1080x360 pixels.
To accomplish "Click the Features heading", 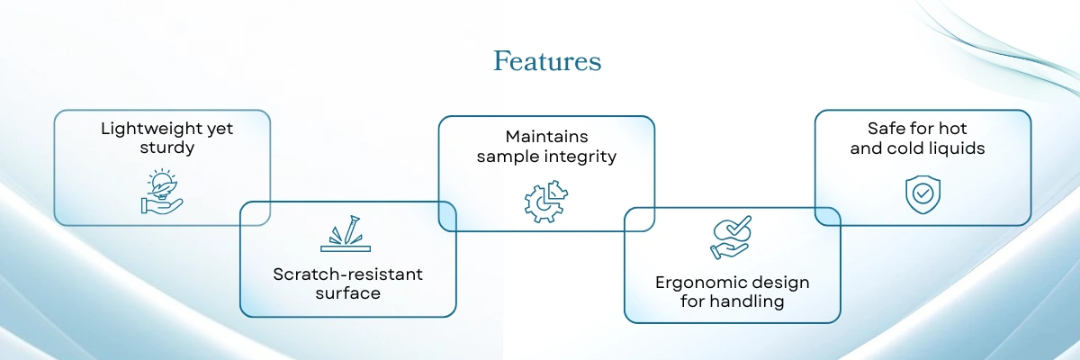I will coord(547,62).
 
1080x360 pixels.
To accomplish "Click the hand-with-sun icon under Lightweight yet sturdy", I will coord(161,191).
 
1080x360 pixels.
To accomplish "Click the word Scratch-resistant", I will coord(347,274).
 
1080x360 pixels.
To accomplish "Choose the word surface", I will coord(347,293).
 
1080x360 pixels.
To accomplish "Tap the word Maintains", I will coord(546,137).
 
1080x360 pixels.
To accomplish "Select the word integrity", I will coord(580,157).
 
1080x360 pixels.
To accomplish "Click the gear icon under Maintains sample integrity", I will coord(545,200).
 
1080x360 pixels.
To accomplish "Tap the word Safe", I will coord(886,129).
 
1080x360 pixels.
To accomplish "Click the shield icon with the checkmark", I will coord(922,193).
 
